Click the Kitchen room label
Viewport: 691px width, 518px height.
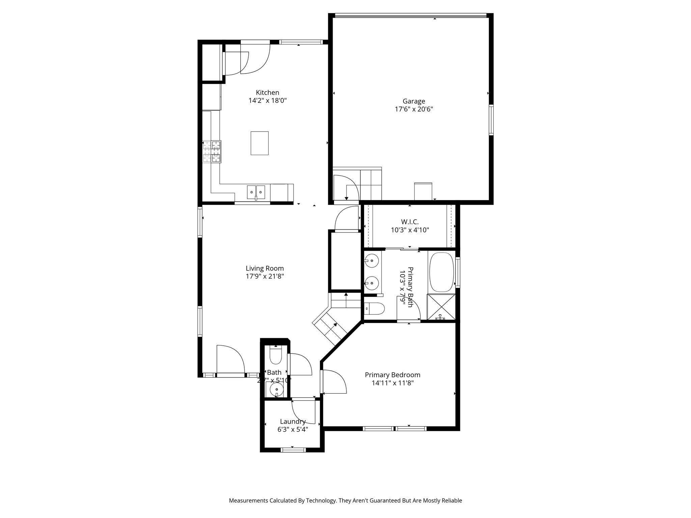(x=267, y=92)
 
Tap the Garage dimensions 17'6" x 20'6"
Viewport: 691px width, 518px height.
(x=414, y=109)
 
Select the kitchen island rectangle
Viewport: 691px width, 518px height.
(x=259, y=143)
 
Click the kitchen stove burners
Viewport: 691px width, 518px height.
(x=212, y=151)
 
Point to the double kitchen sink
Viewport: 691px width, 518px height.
(x=256, y=192)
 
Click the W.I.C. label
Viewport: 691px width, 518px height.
(x=410, y=222)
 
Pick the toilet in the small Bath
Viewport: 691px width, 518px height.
(x=276, y=356)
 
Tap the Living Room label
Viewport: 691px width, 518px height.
(x=265, y=268)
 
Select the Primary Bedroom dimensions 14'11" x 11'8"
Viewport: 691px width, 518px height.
(x=392, y=383)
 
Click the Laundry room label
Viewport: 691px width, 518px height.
(x=293, y=422)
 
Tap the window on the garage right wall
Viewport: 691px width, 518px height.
(x=491, y=120)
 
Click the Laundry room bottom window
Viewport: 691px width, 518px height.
(x=293, y=450)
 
